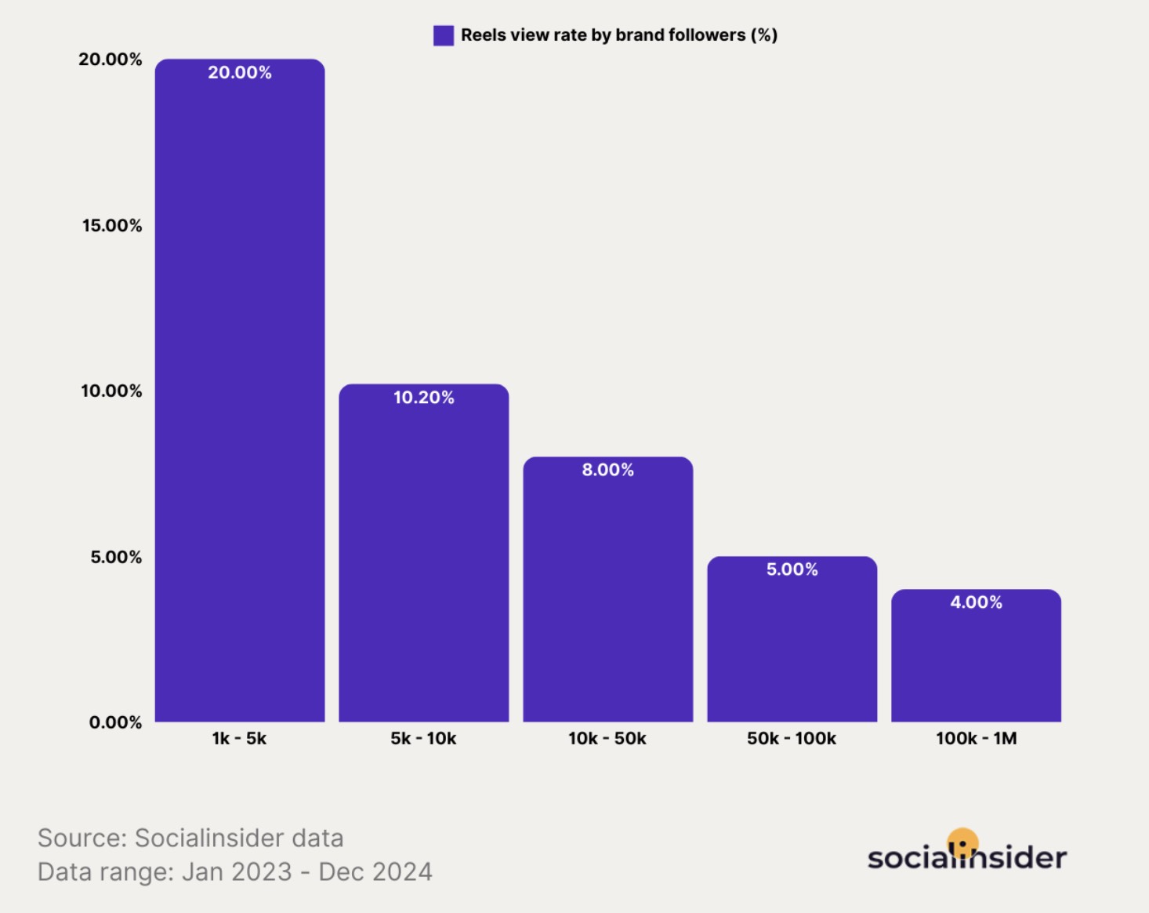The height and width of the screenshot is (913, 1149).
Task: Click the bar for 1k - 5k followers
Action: coord(240,392)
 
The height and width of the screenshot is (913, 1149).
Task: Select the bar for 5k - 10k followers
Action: coord(424,557)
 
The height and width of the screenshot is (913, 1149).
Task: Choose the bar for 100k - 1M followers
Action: coord(977,659)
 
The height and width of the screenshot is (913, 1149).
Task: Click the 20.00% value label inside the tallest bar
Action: coord(240,73)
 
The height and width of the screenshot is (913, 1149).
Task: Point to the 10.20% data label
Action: coord(424,398)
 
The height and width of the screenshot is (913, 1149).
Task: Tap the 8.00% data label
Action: coord(608,470)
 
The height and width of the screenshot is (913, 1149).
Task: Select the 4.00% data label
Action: coord(977,602)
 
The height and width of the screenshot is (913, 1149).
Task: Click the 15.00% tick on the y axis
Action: coord(112,226)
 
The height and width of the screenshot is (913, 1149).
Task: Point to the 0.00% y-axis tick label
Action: coord(115,722)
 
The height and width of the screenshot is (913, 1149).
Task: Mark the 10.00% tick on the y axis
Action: coord(111,391)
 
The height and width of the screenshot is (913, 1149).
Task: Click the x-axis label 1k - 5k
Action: coord(239,739)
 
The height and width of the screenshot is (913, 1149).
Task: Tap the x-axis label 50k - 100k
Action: coord(792,739)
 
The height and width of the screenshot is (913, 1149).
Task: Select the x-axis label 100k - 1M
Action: coord(977,739)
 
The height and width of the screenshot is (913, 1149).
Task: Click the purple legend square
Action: coord(444,35)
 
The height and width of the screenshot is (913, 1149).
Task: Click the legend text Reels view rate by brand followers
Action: coord(619,35)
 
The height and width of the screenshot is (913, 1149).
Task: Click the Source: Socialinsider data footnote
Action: coord(190,838)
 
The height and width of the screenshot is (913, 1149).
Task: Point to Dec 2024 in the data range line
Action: coord(375,872)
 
